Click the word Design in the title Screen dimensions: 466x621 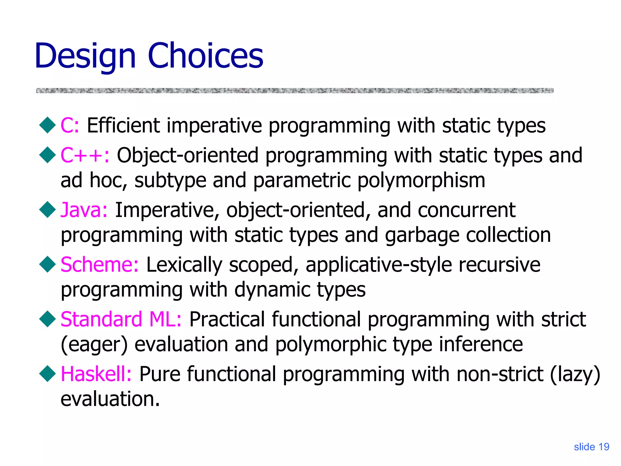(85, 56)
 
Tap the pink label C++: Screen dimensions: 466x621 (85, 155)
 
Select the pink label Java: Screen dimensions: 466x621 (84, 210)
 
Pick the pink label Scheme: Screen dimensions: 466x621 (99, 265)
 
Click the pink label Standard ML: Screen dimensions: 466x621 (121, 319)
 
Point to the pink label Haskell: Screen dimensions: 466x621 (96, 374)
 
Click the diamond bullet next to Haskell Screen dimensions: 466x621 (48, 373)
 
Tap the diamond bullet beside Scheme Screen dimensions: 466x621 (48, 264)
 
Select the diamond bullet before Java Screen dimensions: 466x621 (48, 209)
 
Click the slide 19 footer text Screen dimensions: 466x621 (591, 447)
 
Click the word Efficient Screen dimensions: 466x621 (123, 125)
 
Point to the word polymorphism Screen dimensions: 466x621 (421, 181)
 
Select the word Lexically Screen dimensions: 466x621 (184, 265)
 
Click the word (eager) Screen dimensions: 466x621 (94, 345)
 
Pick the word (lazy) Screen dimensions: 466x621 (575, 374)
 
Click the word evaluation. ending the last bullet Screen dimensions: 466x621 (110, 399)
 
